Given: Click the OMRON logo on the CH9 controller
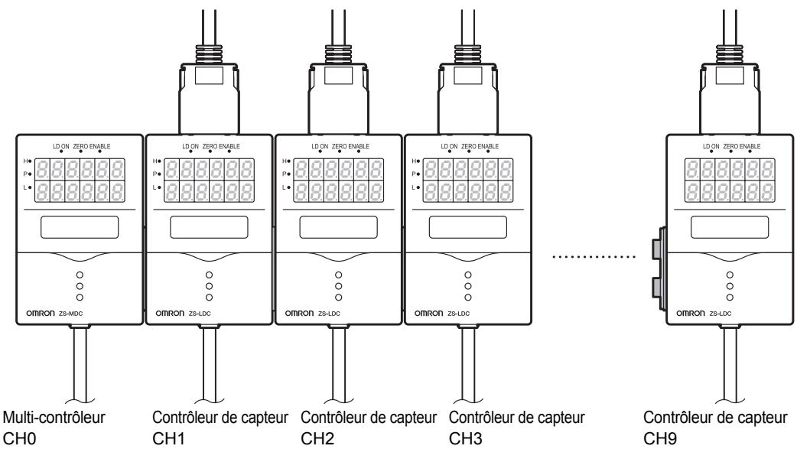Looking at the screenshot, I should pos(692,314).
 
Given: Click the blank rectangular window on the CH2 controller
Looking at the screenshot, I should pos(337,227).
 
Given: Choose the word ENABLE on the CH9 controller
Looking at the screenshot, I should pos(750,146).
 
